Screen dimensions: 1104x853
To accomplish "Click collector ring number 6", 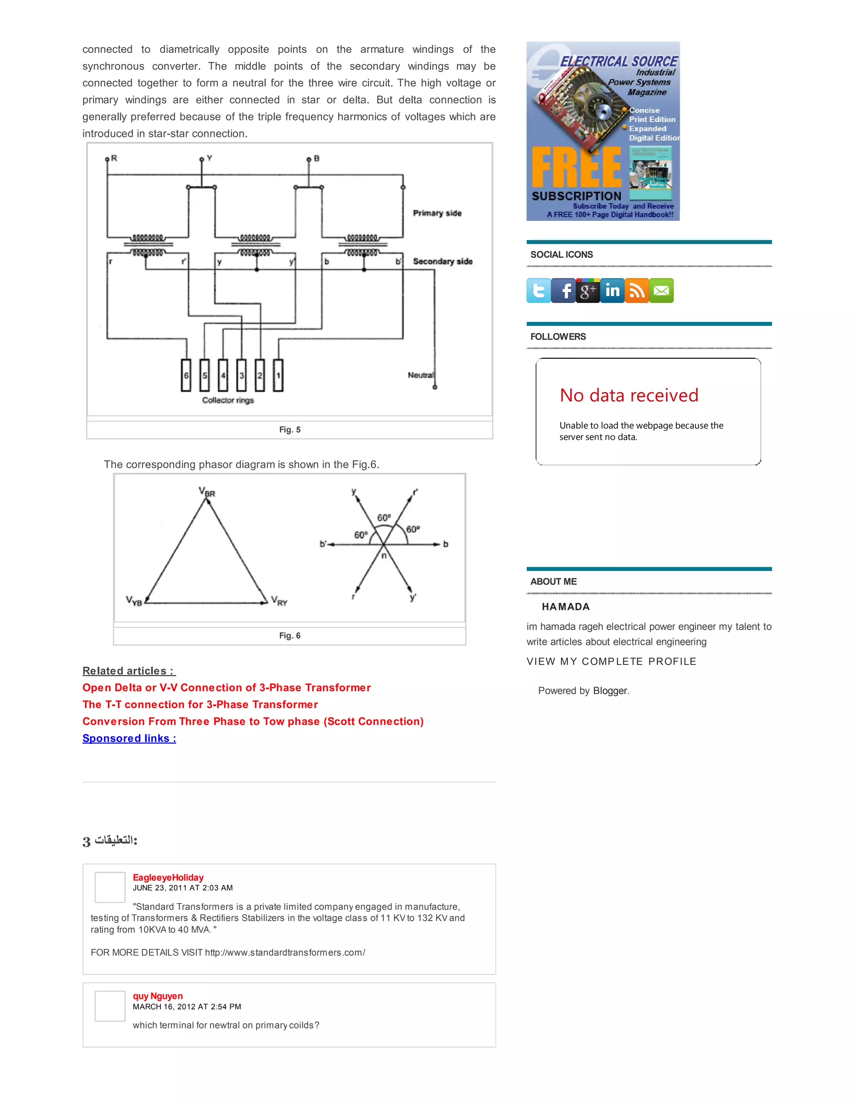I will [186, 375].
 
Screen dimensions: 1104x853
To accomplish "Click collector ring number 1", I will [278, 375].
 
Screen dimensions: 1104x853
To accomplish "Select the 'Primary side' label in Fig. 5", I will [437, 213].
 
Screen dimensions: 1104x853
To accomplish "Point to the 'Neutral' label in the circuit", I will [420, 375].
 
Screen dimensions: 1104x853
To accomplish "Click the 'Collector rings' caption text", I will [228, 400].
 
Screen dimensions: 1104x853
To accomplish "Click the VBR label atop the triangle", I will [207, 492].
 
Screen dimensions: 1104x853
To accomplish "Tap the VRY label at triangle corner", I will [279, 601].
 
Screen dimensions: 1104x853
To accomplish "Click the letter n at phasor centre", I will [384, 555].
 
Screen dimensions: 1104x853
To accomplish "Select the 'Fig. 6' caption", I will [289, 635].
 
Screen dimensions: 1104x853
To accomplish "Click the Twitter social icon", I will [539, 291].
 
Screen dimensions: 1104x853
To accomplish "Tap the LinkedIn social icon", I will [612, 291].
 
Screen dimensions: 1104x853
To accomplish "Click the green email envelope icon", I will [661, 291].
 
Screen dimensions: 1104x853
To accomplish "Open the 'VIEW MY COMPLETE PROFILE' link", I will [611, 661].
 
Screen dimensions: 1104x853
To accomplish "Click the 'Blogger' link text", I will [610, 690].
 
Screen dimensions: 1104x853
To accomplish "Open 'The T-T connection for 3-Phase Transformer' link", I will [200, 704].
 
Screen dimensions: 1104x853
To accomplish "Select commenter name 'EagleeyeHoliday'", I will [168, 877].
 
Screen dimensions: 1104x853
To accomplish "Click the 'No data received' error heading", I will [629, 395].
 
